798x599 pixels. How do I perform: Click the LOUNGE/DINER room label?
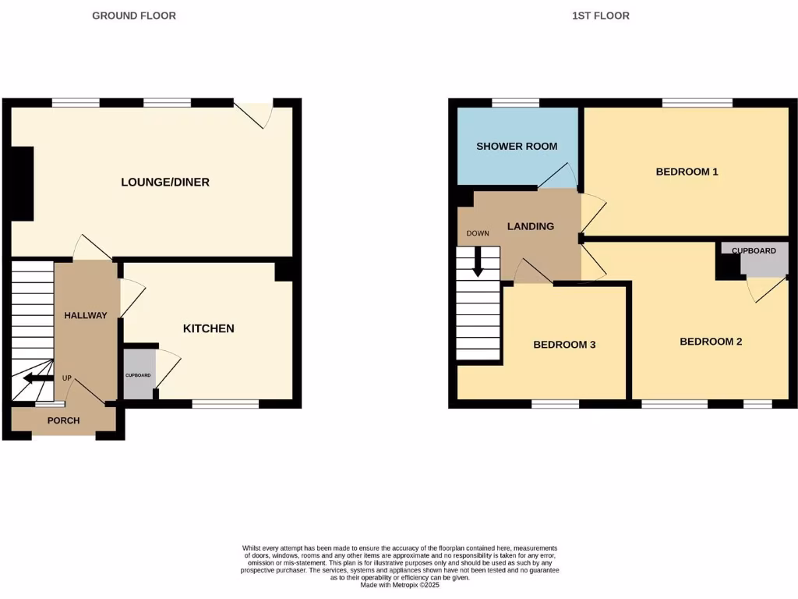[x=165, y=183]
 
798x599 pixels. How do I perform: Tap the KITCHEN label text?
[x=208, y=328]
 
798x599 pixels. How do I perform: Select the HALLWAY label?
[x=86, y=315]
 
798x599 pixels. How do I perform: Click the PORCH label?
[x=64, y=420]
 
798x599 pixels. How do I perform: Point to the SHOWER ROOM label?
[x=517, y=146]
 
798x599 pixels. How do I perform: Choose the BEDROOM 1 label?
[x=687, y=172]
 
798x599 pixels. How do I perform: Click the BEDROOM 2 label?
[x=711, y=342]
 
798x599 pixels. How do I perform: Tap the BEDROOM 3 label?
[x=564, y=345]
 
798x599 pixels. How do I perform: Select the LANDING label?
[x=531, y=226]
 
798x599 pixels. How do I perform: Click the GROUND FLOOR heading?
[x=134, y=16]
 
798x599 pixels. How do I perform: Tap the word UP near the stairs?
[x=67, y=378]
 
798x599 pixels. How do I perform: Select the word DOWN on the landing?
[x=478, y=233]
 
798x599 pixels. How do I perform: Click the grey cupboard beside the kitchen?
[x=139, y=374]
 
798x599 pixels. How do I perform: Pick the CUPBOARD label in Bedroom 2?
[x=754, y=250]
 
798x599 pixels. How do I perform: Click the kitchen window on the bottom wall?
[x=225, y=404]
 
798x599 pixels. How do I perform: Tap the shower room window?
[x=515, y=102]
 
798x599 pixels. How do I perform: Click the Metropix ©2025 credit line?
[x=399, y=585]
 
